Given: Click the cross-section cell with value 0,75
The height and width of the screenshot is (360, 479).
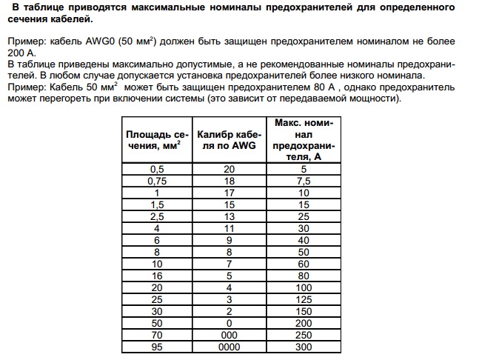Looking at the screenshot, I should [x=155, y=181].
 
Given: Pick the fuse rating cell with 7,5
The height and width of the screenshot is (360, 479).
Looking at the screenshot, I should [x=302, y=181].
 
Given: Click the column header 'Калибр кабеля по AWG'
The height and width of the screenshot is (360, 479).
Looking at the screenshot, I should [x=228, y=141].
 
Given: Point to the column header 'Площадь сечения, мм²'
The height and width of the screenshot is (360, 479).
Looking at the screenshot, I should [x=155, y=141].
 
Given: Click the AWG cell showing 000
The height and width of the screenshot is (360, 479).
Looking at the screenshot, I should [x=228, y=335].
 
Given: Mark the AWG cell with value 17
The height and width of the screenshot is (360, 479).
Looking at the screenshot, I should [x=228, y=191].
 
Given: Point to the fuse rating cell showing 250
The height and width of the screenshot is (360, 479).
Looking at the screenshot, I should [x=302, y=335].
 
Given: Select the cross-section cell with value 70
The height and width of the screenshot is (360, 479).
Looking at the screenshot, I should [x=155, y=335].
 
